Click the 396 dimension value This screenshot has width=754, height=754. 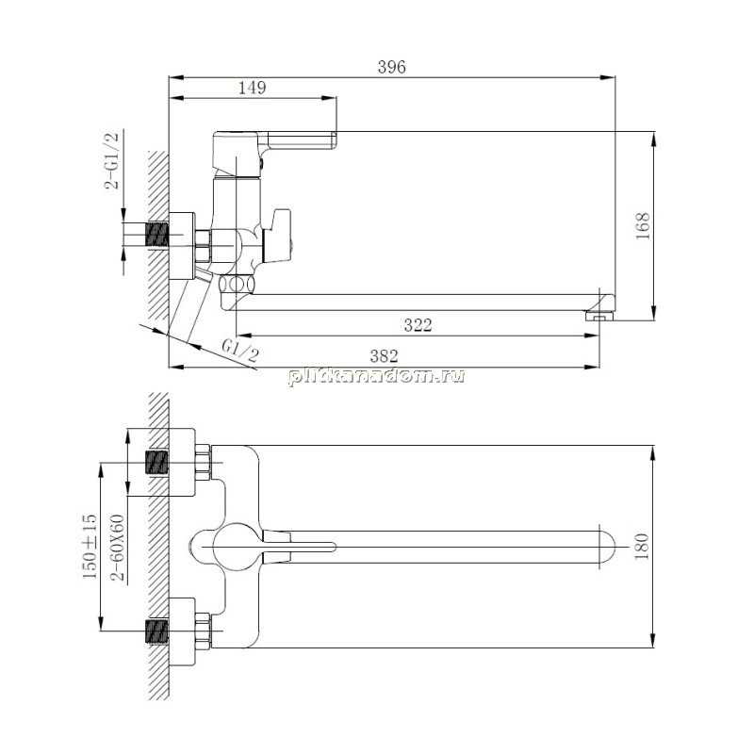click(x=391, y=67)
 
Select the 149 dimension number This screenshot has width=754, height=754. click(x=252, y=88)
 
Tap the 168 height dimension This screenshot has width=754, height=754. click(x=643, y=226)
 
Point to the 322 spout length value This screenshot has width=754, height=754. click(x=418, y=325)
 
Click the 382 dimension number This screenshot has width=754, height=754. click(x=384, y=356)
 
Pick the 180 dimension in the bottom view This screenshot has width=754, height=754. click(x=642, y=547)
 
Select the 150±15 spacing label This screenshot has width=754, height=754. click(x=90, y=547)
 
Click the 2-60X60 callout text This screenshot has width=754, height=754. click(x=118, y=548)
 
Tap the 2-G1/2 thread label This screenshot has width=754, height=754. click(x=111, y=160)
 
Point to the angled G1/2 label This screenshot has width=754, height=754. click(x=240, y=350)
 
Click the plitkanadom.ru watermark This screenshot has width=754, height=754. click(x=376, y=375)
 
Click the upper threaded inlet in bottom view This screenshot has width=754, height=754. click(x=156, y=463)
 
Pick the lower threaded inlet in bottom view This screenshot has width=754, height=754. click(x=156, y=631)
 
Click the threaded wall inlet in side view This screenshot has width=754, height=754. click(x=157, y=235)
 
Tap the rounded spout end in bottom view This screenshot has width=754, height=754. click(x=608, y=548)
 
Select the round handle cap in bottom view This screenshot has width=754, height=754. click(x=237, y=547)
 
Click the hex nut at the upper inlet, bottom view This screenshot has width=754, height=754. click(x=203, y=463)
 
